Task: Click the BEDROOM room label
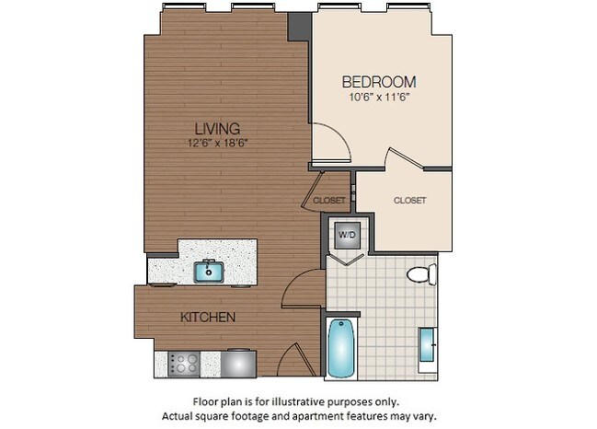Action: pyautogui.click(x=379, y=81)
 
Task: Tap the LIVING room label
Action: pyautogui.click(x=217, y=128)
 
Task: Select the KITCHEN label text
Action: pyautogui.click(x=208, y=317)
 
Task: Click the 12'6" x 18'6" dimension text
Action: pyautogui.click(x=218, y=143)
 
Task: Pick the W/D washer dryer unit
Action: pyautogui.click(x=347, y=235)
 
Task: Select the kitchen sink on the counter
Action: pyautogui.click(x=209, y=271)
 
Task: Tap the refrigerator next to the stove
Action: pyautogui.click(x=238, y=363)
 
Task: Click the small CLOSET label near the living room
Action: pyautogui.click(x=328, y=200)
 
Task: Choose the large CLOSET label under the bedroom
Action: pyautogui.click(x=409, y=200)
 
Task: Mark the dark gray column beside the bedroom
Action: pyautogui.click(x=300, y=27)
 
